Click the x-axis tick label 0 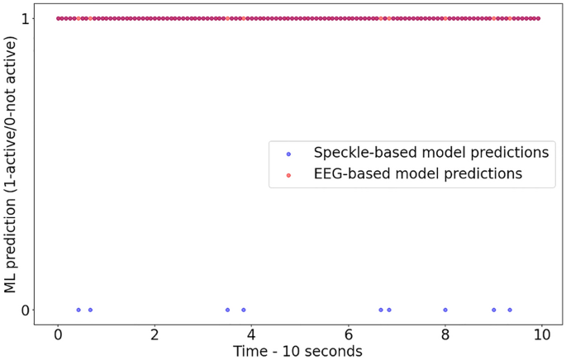[x=58, y=335]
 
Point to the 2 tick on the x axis [x=155, y=335]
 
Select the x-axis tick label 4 [x=251, y=335]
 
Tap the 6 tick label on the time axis [x=349, y=335]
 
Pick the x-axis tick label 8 [x=445, y=335]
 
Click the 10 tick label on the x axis [x=542, y=335]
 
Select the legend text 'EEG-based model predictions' [x=418, y=174]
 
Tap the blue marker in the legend [x=288, y=154]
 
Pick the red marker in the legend [x=288, y=175]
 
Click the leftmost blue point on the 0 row [x=78, y=310]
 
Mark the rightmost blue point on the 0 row [x=510, y=310]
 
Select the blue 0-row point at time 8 [x=445, y=310]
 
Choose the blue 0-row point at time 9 [x=494, y=310]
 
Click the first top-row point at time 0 [x=58, y=18]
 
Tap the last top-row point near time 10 [x=538, y=18]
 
